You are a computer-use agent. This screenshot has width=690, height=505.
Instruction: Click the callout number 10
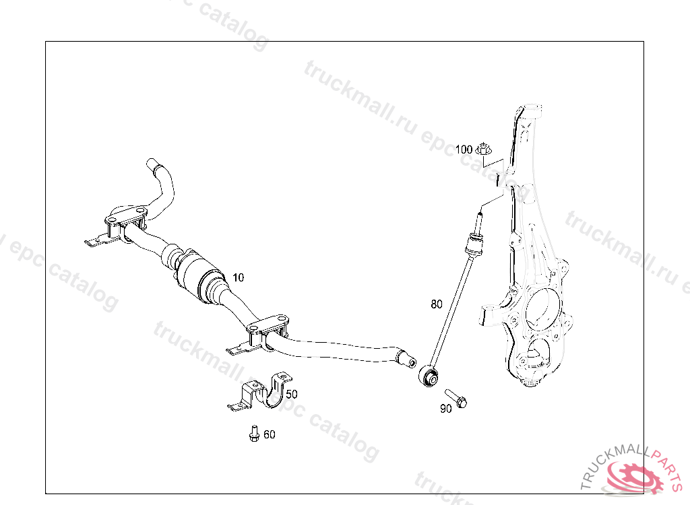[238, 277]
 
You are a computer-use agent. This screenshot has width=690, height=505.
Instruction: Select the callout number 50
[292, 394]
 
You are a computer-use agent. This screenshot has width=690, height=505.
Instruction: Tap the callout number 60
[270, 434]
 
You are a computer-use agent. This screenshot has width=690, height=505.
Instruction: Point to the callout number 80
[437, 304]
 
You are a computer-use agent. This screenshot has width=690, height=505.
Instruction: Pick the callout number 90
[446, 409]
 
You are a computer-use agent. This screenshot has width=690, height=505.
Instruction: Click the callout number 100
[464, 149]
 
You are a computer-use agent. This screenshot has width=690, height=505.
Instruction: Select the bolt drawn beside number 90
[456, 398]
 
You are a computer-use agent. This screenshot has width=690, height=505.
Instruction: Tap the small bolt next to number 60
[254, 434]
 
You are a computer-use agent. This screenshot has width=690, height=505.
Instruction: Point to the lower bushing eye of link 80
[429, 376]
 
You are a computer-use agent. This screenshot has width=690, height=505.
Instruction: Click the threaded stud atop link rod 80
[479, 223]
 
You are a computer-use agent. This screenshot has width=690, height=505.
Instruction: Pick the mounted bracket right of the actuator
[259, 335]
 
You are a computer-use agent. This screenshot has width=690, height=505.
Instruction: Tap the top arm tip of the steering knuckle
[530, 108]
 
